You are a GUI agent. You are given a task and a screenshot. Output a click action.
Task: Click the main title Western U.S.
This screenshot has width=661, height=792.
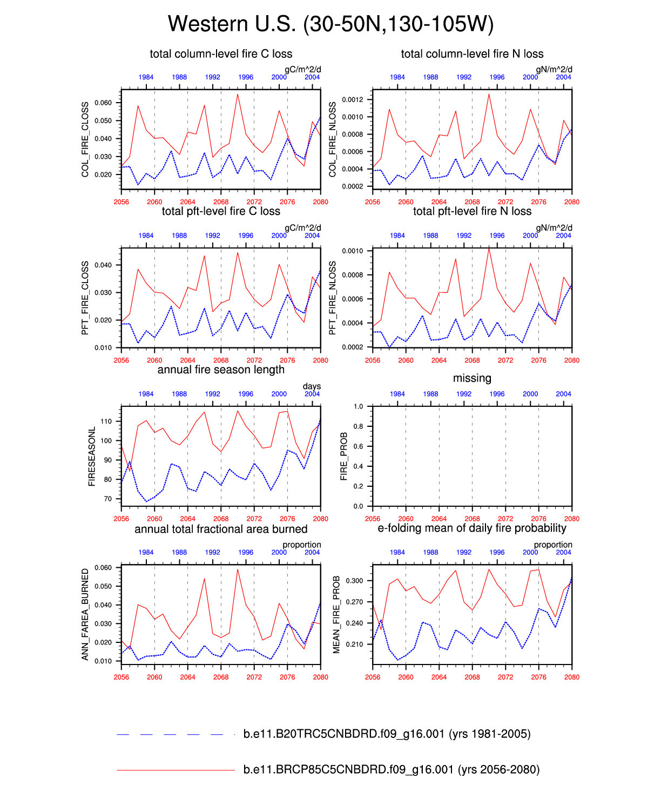point(330,24)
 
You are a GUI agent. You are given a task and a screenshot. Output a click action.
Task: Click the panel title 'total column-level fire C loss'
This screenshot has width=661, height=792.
point(221,54)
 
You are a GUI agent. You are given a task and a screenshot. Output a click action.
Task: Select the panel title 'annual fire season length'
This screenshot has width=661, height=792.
point(221,370)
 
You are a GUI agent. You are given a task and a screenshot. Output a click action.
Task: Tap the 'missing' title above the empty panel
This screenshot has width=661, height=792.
point(472,378)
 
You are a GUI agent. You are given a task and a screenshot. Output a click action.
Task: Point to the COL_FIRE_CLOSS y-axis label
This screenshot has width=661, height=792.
point(85,139)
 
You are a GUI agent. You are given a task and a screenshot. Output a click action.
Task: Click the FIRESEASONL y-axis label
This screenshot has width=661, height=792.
point(92,457)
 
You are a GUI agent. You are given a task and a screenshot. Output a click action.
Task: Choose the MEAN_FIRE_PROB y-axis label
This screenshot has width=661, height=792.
point(336,615)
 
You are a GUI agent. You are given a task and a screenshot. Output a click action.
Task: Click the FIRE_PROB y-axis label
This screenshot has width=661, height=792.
point(344,457)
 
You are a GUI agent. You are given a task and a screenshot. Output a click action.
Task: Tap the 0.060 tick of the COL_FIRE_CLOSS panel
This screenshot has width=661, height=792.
point(103,103)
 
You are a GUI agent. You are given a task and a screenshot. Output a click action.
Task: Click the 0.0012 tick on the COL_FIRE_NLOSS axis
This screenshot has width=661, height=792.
point(353,99)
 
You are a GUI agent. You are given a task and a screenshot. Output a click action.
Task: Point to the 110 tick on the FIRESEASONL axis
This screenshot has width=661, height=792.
point(106,421)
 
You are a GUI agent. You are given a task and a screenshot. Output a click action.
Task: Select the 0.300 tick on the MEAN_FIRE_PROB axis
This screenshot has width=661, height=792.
point(355,581)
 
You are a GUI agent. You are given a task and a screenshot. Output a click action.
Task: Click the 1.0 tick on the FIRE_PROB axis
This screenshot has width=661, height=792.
point(359,406)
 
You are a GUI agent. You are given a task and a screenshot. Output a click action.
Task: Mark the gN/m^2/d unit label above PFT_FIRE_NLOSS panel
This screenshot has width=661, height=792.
point(554,228)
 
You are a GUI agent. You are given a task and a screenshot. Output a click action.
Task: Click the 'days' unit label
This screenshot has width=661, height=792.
point(312,386)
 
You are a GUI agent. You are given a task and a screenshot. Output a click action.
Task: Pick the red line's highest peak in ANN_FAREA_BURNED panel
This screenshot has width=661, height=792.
point(238,569)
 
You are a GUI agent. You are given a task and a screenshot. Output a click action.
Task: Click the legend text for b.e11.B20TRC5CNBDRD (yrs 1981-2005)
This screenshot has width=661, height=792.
point(387,734)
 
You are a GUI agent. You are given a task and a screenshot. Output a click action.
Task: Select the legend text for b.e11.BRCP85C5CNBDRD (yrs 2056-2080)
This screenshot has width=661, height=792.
point(392,770)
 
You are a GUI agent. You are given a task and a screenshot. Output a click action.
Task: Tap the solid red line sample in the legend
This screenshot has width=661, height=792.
point(176,770)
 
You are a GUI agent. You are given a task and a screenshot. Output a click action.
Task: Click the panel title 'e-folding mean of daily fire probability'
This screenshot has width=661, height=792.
point(472,528)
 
